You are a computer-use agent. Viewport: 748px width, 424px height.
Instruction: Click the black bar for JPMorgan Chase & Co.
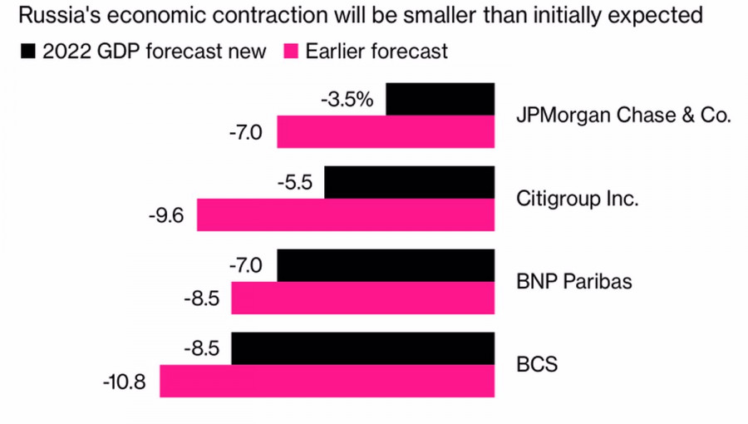[440, 99]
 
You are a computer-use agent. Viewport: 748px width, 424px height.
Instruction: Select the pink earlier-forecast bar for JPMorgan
[386, 131]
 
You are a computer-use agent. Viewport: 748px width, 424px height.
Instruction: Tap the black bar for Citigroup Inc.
[409, 182]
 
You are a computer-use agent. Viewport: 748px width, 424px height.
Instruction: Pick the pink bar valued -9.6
[346, 214]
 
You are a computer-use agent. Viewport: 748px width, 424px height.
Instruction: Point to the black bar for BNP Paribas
[386, 265]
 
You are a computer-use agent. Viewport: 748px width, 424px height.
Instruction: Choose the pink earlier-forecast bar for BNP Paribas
[363, 298]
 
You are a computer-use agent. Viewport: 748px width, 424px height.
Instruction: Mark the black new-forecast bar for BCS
[363, 348]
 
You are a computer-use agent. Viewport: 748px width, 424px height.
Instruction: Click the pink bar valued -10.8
[327, 381]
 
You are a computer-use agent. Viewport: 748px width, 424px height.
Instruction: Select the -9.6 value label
[167, 215]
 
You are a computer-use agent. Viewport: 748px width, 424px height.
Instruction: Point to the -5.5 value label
[295, 183]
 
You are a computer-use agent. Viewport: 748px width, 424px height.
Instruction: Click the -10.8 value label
[125, 382]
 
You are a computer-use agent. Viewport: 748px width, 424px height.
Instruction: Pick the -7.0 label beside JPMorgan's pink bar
[245, 132]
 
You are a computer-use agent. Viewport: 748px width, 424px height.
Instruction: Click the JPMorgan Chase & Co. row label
[623, 116]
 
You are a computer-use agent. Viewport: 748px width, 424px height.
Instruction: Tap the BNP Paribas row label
[574, 282]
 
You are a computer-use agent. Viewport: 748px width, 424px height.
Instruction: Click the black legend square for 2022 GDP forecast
[28, 52]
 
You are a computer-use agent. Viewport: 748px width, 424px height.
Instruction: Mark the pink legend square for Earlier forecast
[291, 52]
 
